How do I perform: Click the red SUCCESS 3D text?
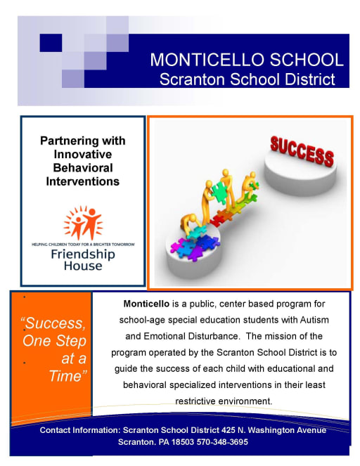tap(302, 150)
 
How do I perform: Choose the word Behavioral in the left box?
tap(83, 168)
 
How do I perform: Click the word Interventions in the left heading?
tap(83, 181)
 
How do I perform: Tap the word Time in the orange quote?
tap(66, 375)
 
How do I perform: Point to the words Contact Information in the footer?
tap(79, 429)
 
